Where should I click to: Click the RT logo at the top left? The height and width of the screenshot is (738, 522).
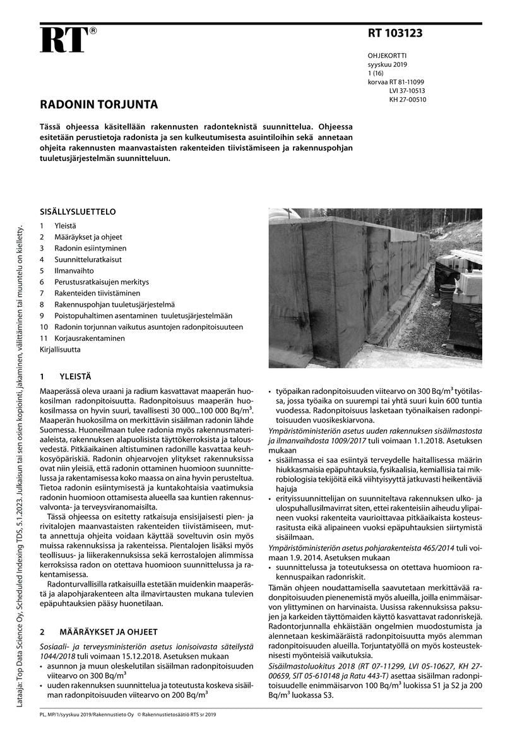(63, 41)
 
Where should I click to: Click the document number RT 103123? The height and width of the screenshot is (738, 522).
(395, 33)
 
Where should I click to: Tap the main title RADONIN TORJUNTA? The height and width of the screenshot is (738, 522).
(99, 104)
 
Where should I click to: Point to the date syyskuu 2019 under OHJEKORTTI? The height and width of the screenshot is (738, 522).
(388, 64)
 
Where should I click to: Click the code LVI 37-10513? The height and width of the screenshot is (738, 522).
(407, 90)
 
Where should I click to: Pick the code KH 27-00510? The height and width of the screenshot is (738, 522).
(408, 99)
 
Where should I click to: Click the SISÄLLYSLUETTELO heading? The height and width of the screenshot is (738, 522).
(78, 211)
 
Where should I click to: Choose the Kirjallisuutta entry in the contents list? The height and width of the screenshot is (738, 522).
(60, 348)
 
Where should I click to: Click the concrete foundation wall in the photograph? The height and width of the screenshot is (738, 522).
(335, 278)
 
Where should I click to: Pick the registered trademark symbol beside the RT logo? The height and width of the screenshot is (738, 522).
(93, 31)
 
